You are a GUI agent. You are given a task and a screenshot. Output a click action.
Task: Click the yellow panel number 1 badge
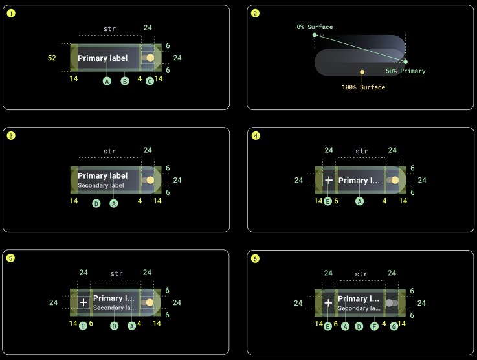point(11,14)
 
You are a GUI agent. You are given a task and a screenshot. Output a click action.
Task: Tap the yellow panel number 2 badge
point(255,14)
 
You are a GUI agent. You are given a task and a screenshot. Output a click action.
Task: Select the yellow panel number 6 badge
point(255,258)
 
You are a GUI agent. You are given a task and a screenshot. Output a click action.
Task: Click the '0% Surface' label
point(315,27)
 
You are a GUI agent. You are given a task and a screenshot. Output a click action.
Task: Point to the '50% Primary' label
point(406,71)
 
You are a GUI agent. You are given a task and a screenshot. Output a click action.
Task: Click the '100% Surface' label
point(363,87)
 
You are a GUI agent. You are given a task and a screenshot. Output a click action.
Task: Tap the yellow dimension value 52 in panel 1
point(52,58)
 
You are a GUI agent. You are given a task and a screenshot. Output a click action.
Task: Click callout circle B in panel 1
point(125,81)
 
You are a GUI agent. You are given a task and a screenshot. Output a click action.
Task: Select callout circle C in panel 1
point(150,81)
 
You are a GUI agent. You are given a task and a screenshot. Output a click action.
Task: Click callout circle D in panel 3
point(96,203)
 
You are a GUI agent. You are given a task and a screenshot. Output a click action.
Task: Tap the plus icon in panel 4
point(329,180)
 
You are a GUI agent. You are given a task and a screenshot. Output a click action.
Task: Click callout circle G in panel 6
point(394,326)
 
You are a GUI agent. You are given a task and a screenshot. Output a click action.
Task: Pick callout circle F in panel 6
point(374,326)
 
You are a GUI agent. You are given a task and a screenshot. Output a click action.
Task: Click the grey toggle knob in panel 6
point(390,302)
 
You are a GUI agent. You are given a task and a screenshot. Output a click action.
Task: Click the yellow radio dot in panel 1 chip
point(150,58)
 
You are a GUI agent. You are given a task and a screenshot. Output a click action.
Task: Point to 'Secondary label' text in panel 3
point(100,185)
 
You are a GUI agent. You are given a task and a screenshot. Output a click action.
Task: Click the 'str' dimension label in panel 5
point(116,273)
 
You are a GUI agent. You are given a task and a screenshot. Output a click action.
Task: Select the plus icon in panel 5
point(83,302)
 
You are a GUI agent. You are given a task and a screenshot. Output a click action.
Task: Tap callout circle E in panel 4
point(327,201)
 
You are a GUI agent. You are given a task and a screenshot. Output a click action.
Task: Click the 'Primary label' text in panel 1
point(102,58)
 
